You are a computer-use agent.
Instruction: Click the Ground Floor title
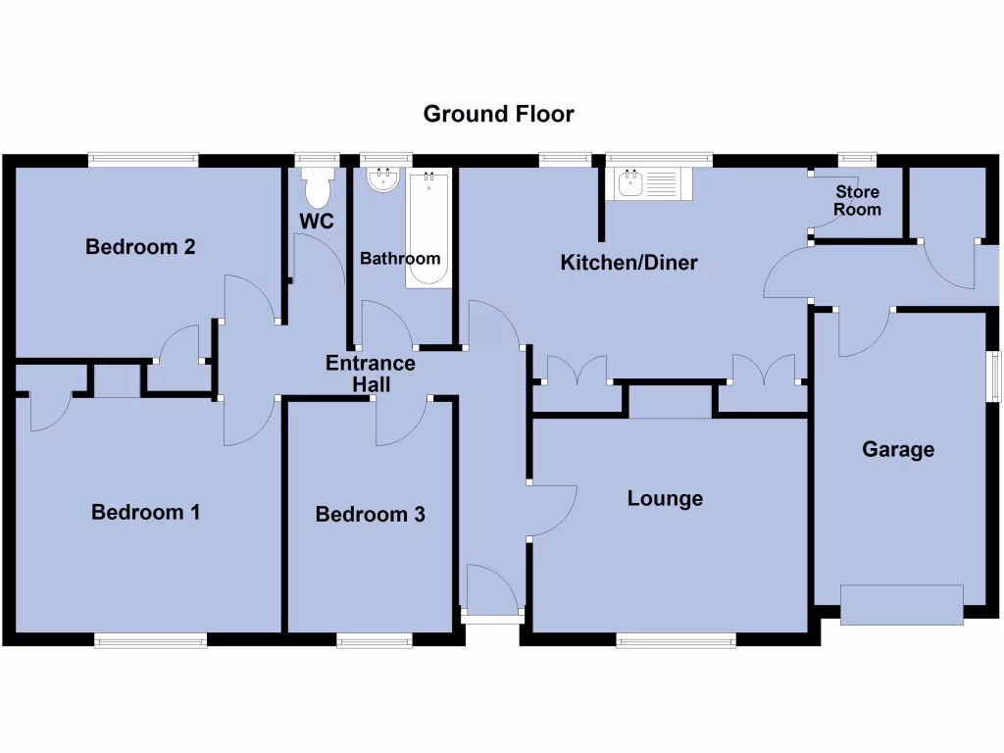[x=498, y=114]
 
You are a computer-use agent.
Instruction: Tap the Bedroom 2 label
[x=140, y=247]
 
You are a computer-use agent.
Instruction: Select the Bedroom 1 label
[x=145, y=512]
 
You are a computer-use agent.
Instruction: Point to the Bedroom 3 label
[x=370, y=515]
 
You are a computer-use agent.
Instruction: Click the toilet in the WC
[x=317, y=185]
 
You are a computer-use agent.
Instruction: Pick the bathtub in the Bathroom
[x=427, y=229]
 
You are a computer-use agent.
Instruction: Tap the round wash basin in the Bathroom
[x=381, y=178]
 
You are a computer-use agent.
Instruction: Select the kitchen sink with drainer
[x=649, y=183]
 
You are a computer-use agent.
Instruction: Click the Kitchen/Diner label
[x=628, y=263]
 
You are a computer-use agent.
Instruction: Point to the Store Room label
[x=857, y=201]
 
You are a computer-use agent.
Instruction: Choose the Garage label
[x=898, y=450]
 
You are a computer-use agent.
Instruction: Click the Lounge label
[x=665, y=499]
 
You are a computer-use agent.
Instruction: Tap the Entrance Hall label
[x=371, y=374]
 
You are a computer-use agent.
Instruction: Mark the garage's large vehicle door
[x=901, y=604]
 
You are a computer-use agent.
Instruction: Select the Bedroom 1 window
[x=150, y=640]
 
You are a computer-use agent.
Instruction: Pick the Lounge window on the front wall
[x=676, y=640]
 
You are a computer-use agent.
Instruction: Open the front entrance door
[x=493, y=593]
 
